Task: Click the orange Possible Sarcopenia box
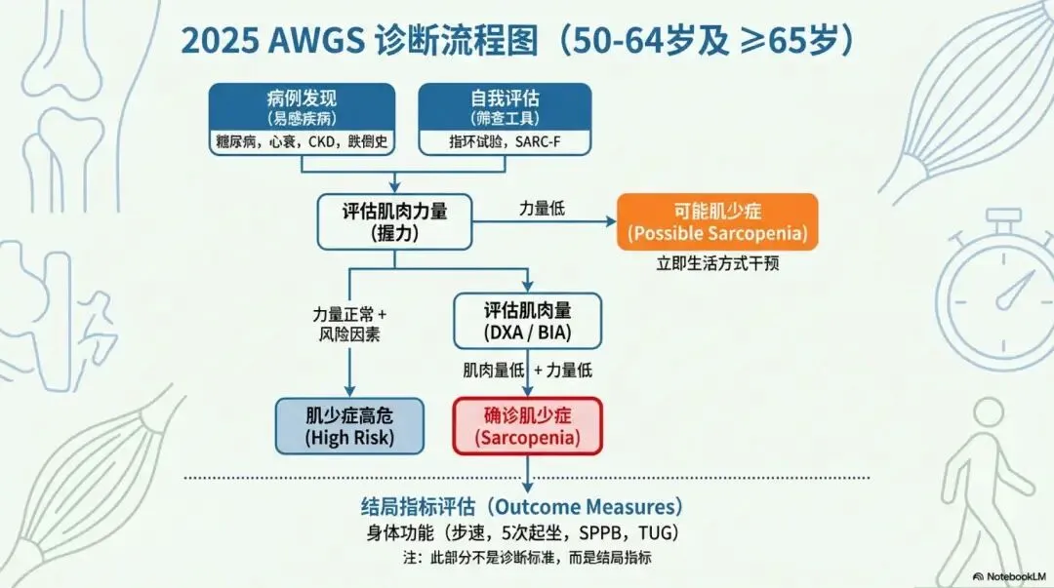[716, 221]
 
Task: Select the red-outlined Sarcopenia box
[527, 426]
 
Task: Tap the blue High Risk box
[349, 426]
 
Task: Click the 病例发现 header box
[302, 106]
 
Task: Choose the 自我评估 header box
[505, 106]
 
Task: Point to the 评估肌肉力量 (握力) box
[393, 221]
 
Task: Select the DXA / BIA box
[527, 321]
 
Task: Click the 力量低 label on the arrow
[542, 208]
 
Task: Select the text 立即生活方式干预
[716, 263]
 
